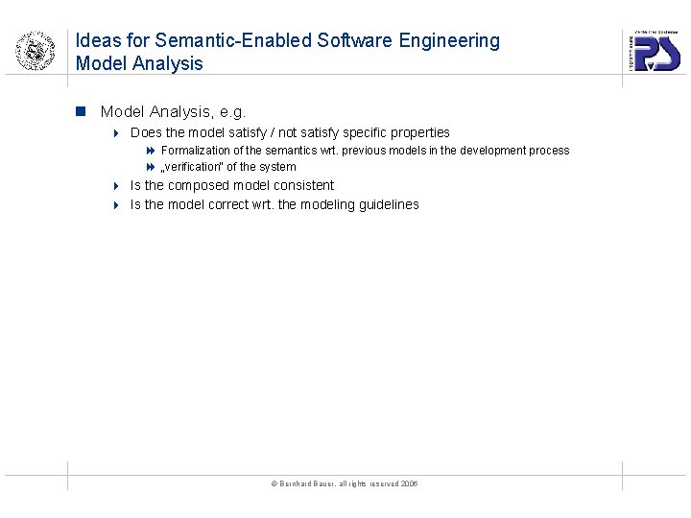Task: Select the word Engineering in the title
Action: click(x=446, y=41)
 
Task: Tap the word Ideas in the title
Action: click(x=98, y=41)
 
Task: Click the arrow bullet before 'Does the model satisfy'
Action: click(x=114, y=132)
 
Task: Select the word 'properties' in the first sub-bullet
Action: click(x=418, y=132)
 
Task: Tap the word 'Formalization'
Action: click(x=197, y=151)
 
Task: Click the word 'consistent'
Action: click(x=304, y=185)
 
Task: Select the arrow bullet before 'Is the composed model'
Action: click(x=114, y=186)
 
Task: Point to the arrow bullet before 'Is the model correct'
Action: click(x=114, y=205)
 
